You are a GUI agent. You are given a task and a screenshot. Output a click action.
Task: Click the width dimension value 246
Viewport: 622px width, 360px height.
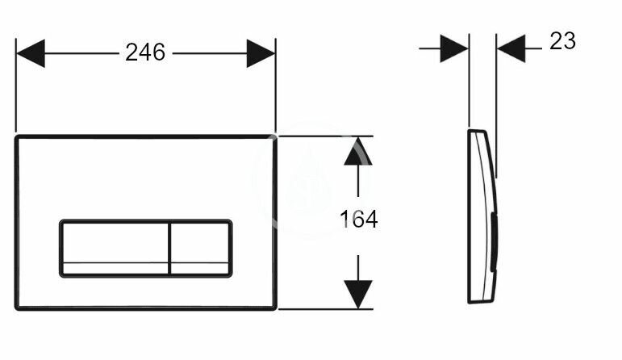[145, 53]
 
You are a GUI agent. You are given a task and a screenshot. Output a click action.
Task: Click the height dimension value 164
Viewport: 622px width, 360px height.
[358, 220]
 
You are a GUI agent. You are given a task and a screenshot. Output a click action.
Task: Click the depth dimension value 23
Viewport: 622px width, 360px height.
[562, 41]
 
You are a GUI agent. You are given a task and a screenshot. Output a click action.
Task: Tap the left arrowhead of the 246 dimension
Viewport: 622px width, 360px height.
[30, 53]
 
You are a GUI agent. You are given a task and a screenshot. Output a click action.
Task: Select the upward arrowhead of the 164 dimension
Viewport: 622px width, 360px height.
[358, 153]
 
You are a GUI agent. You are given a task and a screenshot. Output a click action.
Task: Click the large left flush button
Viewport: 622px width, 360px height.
[114, 249]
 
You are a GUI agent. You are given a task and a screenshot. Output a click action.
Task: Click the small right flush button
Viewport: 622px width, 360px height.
[199, 249]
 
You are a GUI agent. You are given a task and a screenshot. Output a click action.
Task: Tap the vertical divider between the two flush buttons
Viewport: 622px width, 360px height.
[169, 249]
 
